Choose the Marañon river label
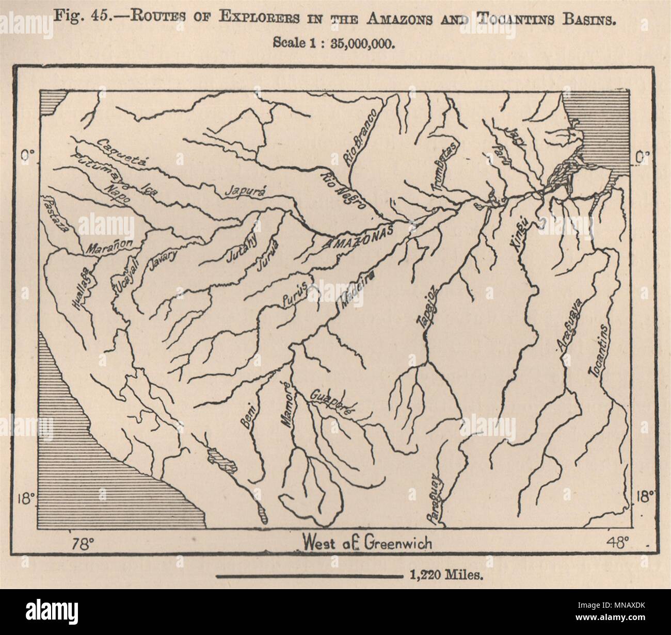click(109, 247)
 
